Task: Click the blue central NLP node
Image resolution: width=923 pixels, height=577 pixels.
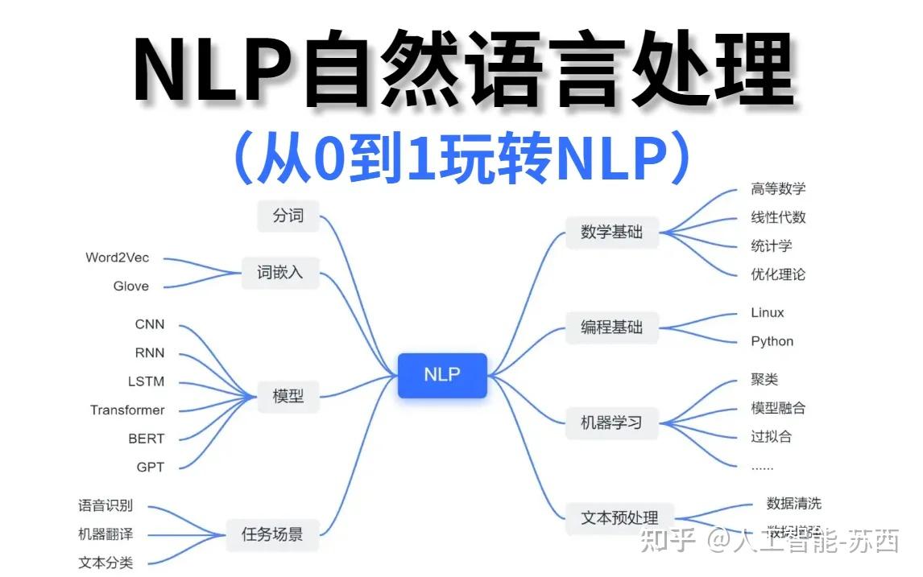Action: [x=442, y=375]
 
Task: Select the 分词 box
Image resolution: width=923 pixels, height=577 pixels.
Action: [x=288, y=216]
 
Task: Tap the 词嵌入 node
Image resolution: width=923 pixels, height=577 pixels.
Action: [x=280, y=273]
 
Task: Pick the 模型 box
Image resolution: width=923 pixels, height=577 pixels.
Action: [x=288, y=396]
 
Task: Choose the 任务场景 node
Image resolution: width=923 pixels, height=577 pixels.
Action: [x=272, y=534]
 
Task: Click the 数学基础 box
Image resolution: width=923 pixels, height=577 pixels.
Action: [x=612, y=232]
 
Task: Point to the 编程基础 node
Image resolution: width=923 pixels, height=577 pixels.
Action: [x=612, y=327]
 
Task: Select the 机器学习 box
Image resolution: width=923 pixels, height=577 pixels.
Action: [x=612, y=422]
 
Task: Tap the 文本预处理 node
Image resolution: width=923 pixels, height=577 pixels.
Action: [x=619, y=517]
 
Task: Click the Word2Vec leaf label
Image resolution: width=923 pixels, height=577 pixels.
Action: [x=118, y=258]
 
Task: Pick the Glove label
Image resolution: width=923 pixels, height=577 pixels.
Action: [x=131, y=286]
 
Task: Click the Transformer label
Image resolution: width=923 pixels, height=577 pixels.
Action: [x=127, y=410]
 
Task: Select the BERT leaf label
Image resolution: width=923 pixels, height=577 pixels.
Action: [x=146, y=439]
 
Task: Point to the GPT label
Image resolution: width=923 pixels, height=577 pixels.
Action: [x=150, y=467]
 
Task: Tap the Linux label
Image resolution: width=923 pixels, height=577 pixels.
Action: [x=767, y=312]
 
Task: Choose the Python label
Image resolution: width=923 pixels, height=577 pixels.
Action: [x=772, y=341]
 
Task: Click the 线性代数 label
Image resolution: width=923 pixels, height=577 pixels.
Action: [x=778, y=217]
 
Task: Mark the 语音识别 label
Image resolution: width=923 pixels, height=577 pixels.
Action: [x=106, y=505]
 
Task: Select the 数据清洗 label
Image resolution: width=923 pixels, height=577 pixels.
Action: [x=793, y=504]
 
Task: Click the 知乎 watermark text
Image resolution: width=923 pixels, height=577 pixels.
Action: [x=667, y=541]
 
